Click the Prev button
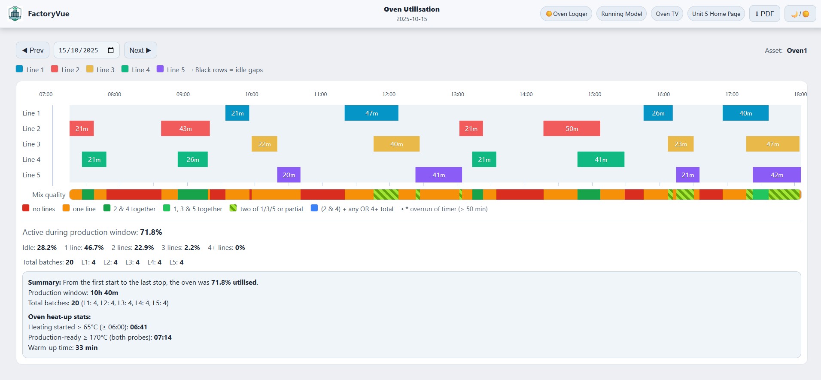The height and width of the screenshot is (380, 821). [x=33, y=50]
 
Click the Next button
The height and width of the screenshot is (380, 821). [x=140, y=50]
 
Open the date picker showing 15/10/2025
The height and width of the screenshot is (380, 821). [x=111, y=50]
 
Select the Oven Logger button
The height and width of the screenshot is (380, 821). [x=566, y=14]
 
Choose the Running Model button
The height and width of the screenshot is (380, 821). [x=621, y=14]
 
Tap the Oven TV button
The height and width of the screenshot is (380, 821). [x=667, y=14]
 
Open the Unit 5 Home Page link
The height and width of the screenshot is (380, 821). [x=716, y=14]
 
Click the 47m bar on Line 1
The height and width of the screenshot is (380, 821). [x=371, y=113]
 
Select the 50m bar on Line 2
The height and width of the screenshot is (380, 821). [x=572, y=128]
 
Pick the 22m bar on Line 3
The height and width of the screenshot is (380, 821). [x=265, y=144]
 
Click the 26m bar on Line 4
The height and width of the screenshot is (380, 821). [x=193, y=159]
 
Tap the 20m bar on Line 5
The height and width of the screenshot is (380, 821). [x=289, y=175]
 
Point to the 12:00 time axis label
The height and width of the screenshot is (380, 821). [x=389, y=94]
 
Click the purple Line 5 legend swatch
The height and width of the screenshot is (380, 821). [x=160, y=69]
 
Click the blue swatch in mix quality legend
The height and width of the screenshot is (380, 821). [x=314, y=208]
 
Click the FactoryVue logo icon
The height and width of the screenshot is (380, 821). [x=15, y=14]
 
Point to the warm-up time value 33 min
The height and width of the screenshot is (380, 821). [x=86, y=347]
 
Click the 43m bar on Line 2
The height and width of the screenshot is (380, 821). [x=185, y=128]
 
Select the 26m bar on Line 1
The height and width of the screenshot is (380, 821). [x=658, y=113]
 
